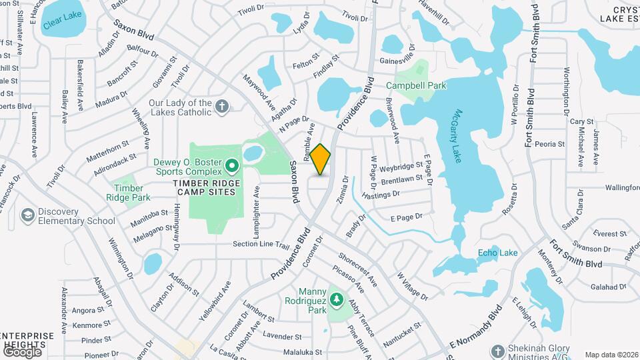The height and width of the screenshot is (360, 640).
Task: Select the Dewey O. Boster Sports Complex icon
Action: [x=232, y=164]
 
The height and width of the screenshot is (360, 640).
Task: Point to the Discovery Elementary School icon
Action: [x=28, y=215]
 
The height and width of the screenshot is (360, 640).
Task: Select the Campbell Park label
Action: [x=416, y=85]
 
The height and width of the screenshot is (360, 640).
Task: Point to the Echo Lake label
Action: [x=497, y=253]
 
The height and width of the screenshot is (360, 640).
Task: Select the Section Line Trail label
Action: [x=261, y=245]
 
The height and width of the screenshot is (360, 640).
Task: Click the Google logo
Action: [x=21, y=351]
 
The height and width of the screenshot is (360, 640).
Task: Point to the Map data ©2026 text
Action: [x=611, y=355]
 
